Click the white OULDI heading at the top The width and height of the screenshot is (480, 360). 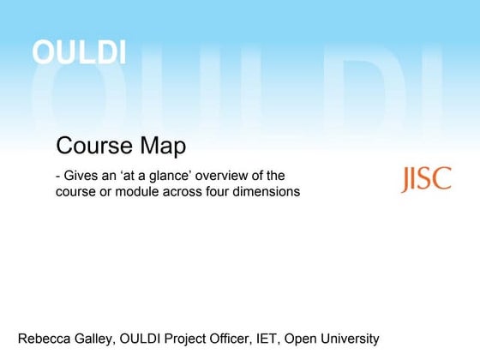79,52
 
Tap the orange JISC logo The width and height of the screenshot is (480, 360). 426,179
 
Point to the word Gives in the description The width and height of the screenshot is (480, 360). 82,176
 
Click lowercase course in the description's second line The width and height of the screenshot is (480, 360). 76,192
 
